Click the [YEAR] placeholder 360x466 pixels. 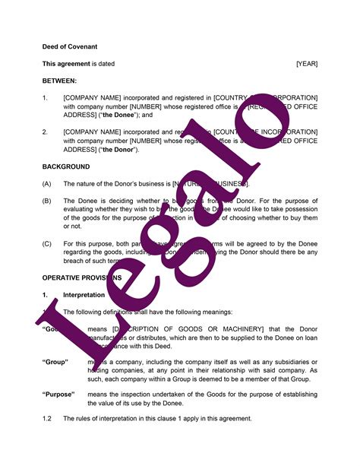point(307,64)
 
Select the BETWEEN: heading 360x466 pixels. point(59,81)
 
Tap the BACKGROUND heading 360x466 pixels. point(66,166)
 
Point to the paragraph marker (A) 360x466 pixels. point(47,184)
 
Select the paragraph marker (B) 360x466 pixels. point(47,200)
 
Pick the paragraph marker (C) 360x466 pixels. point(47,246)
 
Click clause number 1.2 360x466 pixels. point(48,419)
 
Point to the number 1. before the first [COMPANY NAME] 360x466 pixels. point(46,97)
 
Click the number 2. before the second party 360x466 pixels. point(46,132)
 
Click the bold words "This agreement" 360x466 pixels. point(66,64)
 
